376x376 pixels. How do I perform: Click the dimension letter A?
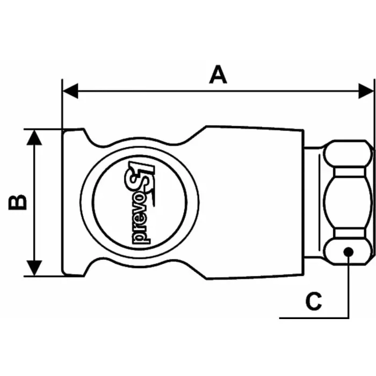218,74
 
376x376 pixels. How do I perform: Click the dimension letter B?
17,202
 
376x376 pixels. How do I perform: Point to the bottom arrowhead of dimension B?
34,269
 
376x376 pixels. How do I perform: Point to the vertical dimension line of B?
34,202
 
